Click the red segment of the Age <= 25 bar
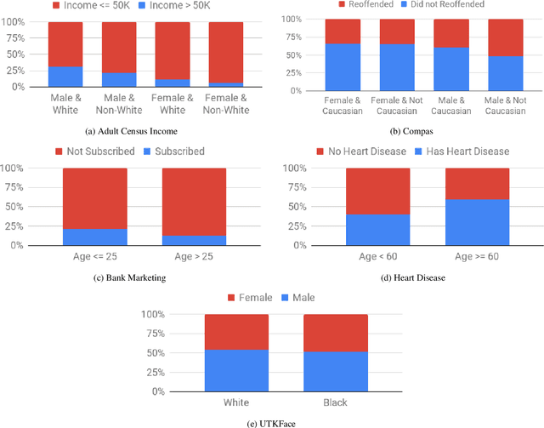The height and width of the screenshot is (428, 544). (94, 198)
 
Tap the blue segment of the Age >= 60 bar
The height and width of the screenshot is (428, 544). (477, 222)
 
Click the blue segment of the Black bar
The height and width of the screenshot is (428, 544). (335, 372)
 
